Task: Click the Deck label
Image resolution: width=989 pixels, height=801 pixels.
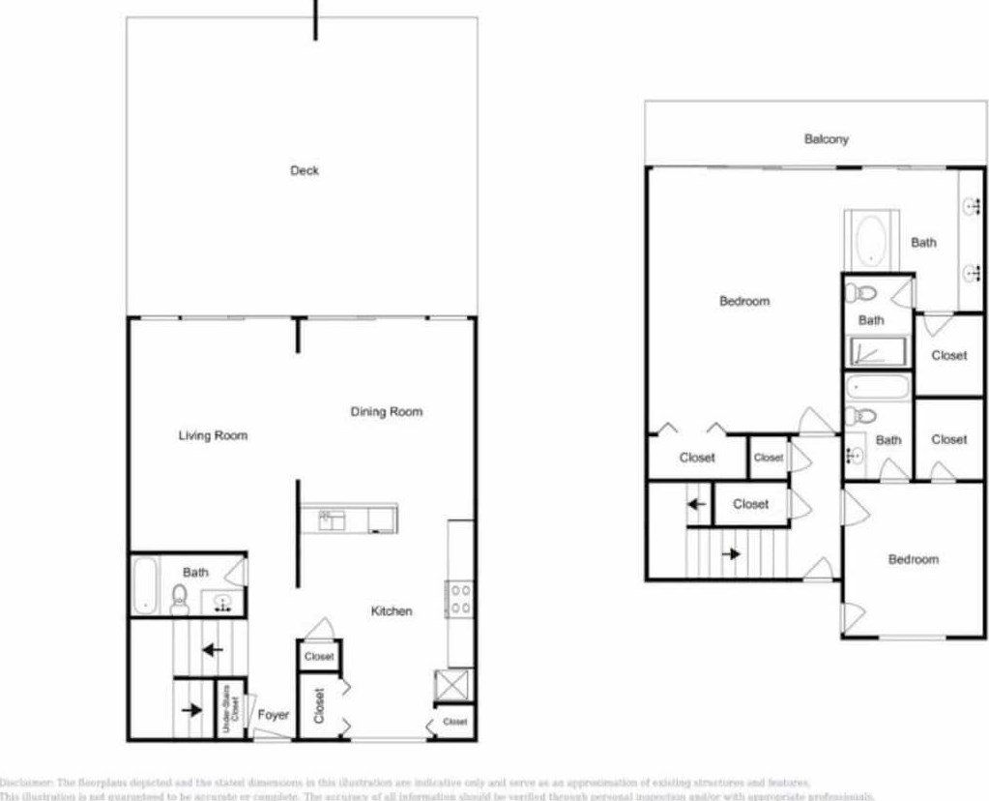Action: pyautogui.click(x=305, y=171)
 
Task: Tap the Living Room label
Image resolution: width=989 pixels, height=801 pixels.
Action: pyautogui.click(x=213, y=435)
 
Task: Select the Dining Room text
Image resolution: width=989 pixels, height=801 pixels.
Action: pyautogui.click(x=386, y=412)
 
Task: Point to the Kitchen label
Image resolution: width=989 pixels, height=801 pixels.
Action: pyautogui.click(x=392, y=611)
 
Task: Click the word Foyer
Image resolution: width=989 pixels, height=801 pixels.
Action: pyautogui.click(x=274, y=715)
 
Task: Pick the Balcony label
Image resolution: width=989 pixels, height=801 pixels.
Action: pyautogui.click(x=827, y=139)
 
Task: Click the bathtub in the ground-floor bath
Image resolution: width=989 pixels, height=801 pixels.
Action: pyautogui.click(x=144, y=583)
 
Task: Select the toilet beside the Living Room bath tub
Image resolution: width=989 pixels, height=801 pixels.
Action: pyautogui.click(x=179, y=600)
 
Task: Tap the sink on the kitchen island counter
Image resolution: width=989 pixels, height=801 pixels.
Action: pyautogui.click(x=332, y=520)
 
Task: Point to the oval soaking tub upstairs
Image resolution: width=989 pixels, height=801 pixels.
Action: pyautogui.click(x=872, y=239)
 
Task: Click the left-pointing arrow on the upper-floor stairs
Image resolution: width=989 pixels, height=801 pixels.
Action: pyautogui.click(x=695, y=504)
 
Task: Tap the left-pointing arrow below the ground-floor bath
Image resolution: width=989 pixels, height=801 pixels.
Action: pyautogui.click(x=211, y=649)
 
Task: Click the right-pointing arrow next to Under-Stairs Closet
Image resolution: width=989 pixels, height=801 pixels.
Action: pyautogui.click(x=191, y=710)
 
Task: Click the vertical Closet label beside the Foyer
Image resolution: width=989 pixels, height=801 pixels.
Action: pyautogui.click(x=319, y=705)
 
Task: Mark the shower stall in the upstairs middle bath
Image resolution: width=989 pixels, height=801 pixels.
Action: pyautogui.click(x=877, y=351)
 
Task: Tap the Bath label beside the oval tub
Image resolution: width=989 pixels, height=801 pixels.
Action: pyautogui.click(x=923, y=243)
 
